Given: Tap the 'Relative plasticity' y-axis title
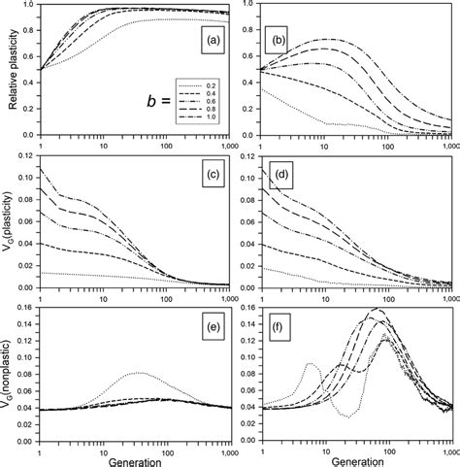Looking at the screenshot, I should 12,68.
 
